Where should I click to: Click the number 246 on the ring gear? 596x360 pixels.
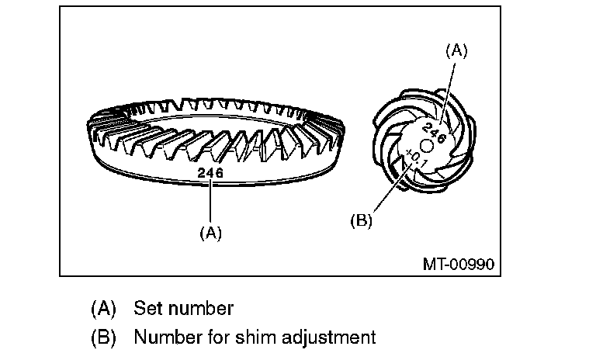pyautogui.click(x=210, y=173)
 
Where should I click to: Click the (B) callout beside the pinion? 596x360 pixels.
pyautogui.click(x=361, y=220)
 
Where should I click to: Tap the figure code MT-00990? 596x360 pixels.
pyautogui.click(x=459, y=263)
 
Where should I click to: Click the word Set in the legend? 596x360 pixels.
pyautogui.click(x=147, y=308)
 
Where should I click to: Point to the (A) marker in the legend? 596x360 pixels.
pyautogui.click(x=103, y=308)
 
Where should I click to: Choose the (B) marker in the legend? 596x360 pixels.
pyautogui.click(x=103, y=337)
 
